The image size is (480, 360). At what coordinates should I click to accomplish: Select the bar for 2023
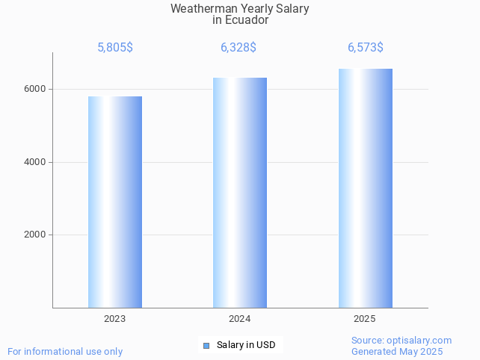point(115,202)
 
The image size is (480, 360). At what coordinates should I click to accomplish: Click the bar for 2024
point(240,193)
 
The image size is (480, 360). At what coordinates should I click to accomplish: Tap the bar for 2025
point(365,188)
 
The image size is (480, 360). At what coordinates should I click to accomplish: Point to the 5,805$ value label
point(115,48)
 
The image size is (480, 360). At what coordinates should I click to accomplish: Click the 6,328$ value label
point(239,48)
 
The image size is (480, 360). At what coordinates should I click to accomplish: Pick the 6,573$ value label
point(366,48)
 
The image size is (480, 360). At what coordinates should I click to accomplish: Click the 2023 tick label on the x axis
point(115,319)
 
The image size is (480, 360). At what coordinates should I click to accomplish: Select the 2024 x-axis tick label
point(240,319)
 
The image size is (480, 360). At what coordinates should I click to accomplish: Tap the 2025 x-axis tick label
point(365,319)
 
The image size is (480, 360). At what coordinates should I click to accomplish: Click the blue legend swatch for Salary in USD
point(206,345)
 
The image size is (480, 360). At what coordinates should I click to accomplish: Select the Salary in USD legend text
point(246,345)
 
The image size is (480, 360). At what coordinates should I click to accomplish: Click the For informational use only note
point(65,351)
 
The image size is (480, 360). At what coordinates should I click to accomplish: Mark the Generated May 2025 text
point(397,351)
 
